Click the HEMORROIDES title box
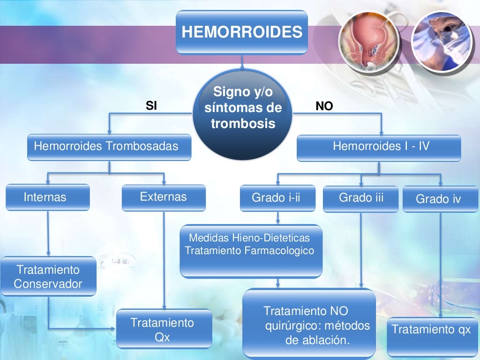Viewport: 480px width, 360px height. [x=241, y=32]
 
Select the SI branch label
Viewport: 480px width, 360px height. [x=151, y=106]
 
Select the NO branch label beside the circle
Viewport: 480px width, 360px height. [x=324, y=107]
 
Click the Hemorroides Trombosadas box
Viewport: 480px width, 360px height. [x=109, y=147]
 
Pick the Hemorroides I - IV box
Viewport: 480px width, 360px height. [x=379, y=147]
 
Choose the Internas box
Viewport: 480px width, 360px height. [x=47, y=197]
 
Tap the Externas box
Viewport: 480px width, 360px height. [x=164, y=197]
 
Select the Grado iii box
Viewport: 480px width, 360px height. [x=360, y=198]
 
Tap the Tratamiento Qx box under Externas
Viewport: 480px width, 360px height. [x=163, y=329]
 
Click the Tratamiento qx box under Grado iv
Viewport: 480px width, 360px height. [x=431, y=330]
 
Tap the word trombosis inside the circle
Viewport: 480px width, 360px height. [x=242, y=124]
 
